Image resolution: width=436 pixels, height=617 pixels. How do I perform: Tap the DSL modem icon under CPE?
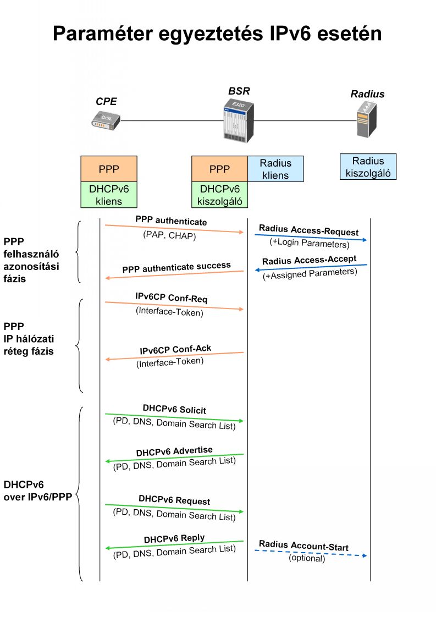point(104,120)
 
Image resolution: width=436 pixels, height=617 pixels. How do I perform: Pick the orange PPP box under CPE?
point(109,169)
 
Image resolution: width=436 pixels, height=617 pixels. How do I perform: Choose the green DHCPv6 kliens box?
point(109,195)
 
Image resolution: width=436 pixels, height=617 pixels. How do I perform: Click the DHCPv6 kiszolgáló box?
point(219,195)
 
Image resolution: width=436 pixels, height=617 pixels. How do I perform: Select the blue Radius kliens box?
point(275,169)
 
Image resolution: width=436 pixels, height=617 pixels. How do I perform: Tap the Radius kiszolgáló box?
point(368,166)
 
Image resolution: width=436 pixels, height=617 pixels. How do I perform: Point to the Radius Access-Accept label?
point(309,260)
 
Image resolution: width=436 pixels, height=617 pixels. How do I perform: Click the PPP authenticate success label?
point(176,267)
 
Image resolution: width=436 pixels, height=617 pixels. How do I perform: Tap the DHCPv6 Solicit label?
point(174,409)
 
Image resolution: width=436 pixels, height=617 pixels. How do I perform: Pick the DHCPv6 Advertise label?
point(174,451)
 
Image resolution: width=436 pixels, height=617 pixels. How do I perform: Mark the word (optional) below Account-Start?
point(307,559)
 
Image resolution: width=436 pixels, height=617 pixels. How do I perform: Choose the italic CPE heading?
point(106,101)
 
